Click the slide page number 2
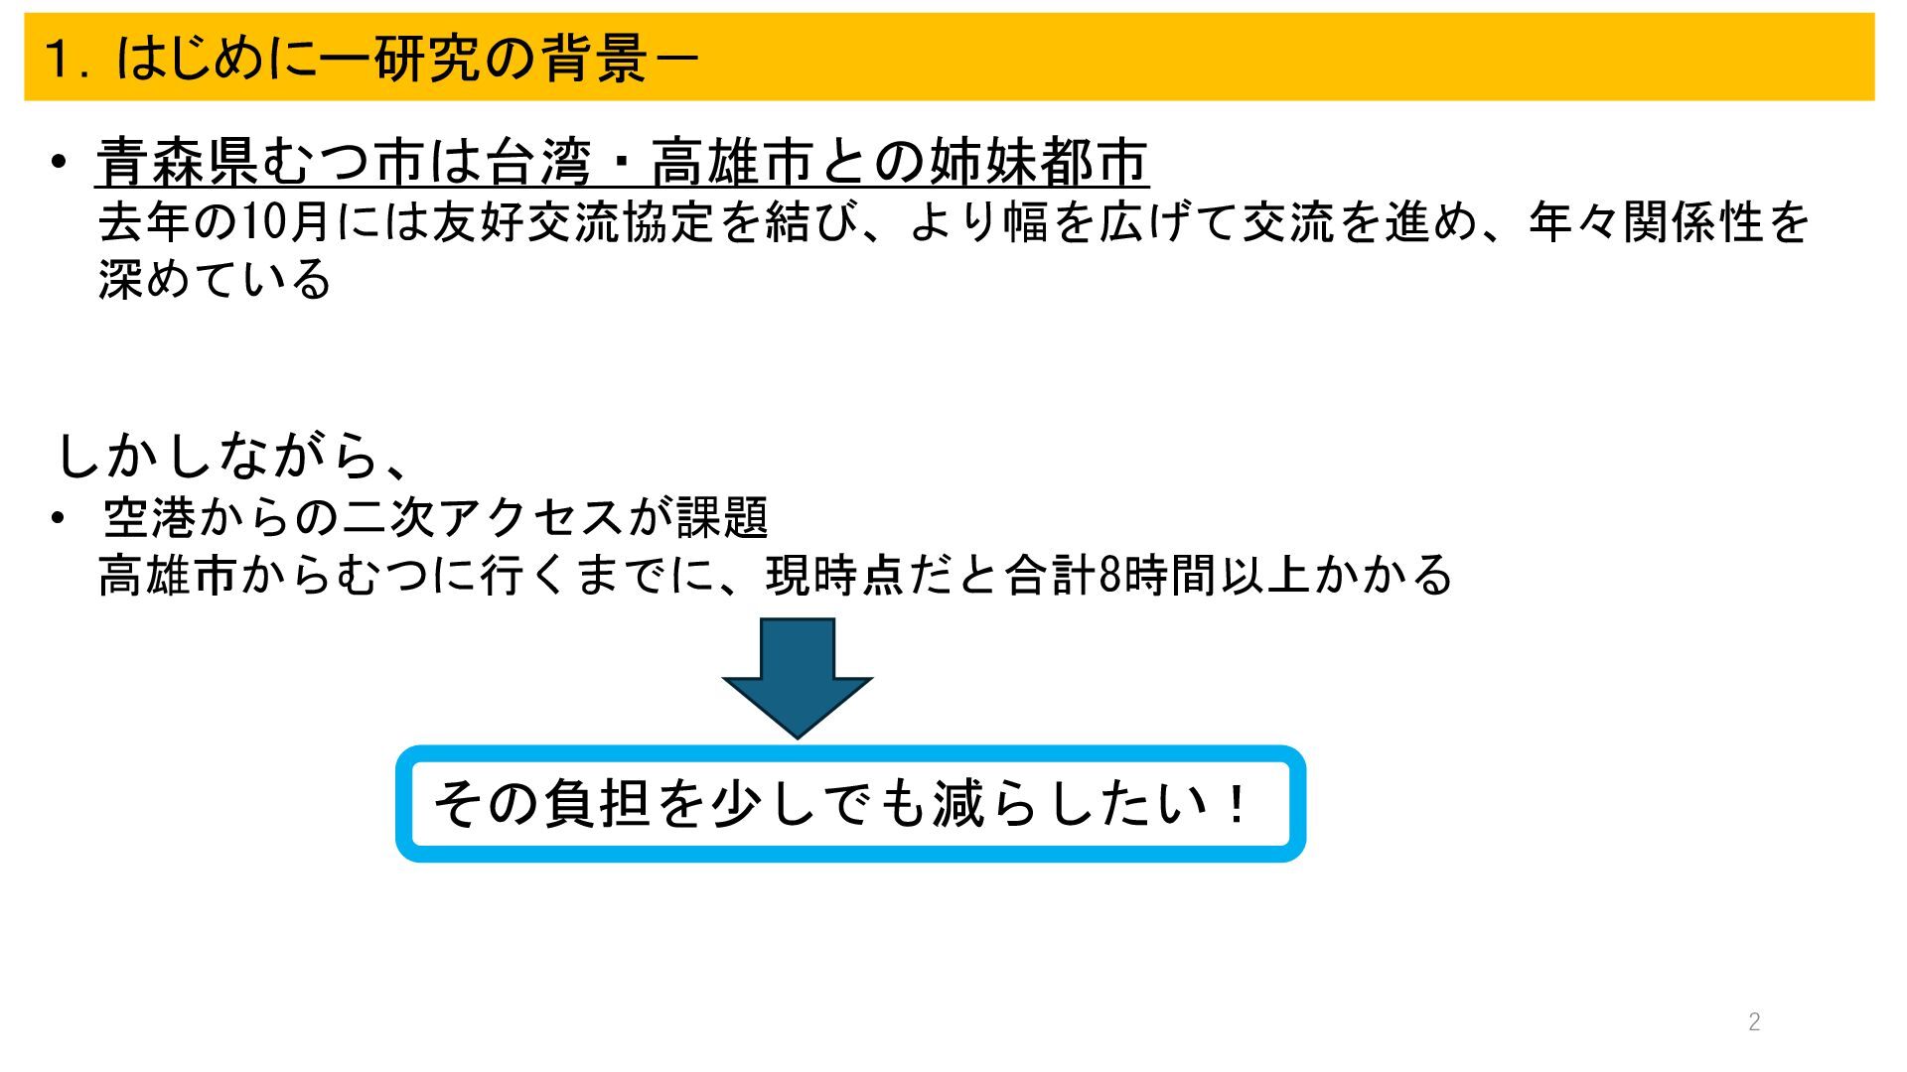tap(1754, 1021)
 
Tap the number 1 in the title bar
tap(59, 61)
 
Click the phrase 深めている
tap(215, 279)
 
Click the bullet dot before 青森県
tap(61, 162)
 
